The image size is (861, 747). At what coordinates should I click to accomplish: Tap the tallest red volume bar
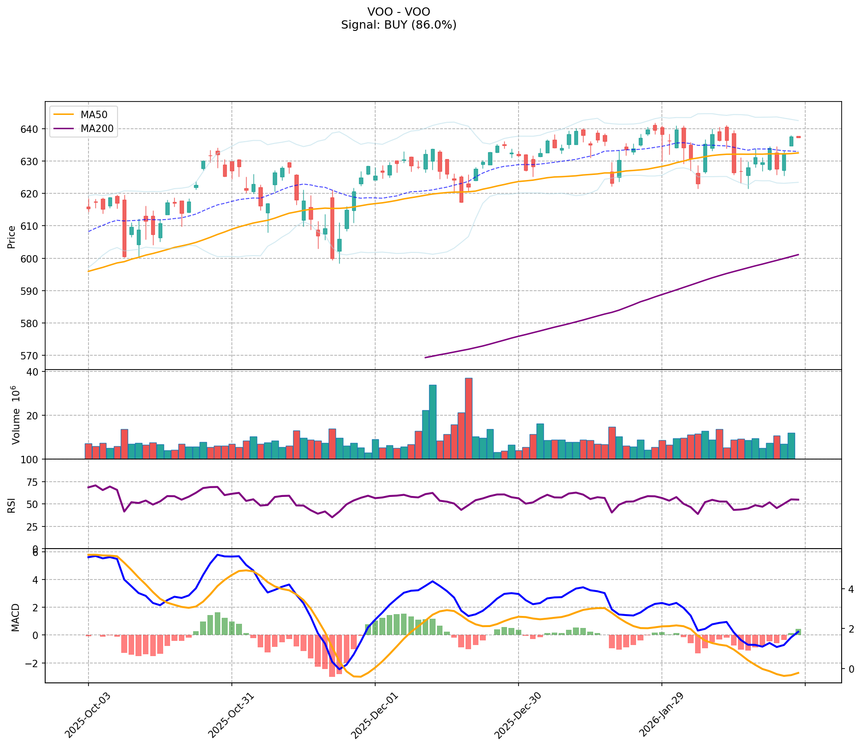click(468, 418)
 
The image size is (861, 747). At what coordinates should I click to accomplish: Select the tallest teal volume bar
click(432, 422)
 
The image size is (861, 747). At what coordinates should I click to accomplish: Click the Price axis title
click(12, 237)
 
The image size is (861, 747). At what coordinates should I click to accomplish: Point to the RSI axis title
click(12, 504)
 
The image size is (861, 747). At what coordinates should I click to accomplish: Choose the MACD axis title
click(15, 617)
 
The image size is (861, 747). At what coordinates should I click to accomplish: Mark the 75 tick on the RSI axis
click(34, 482)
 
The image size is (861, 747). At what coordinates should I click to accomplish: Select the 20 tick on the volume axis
click(34, 415)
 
